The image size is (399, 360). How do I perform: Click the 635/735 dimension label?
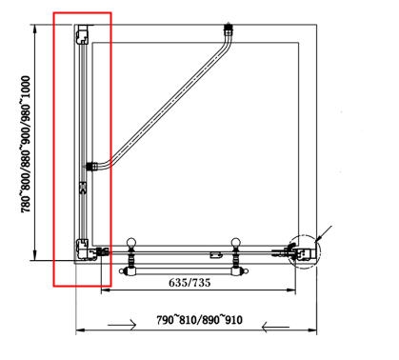tap(190, 282)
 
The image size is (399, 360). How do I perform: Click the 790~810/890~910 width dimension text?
tap(199, 320)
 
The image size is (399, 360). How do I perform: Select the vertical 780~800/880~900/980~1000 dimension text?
tap(26, 144)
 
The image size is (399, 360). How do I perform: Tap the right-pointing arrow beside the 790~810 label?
tap(122, 325)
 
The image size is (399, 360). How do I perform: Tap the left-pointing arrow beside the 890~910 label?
tap(275, 327)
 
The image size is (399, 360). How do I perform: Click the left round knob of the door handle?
tap(130, 243)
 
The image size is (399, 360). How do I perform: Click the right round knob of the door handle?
tap(235, 243)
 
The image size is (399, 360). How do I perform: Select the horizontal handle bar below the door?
tap(183, 271)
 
